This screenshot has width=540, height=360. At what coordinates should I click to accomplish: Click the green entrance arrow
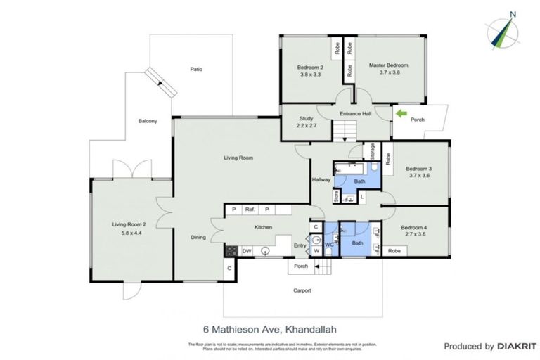401,113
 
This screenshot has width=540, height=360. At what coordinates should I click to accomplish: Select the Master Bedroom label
388,65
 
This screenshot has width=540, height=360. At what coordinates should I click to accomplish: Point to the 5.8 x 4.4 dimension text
127,233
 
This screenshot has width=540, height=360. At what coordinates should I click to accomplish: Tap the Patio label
197,69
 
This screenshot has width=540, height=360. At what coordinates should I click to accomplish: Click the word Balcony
148,121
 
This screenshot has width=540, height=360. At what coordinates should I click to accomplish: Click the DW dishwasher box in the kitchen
247,250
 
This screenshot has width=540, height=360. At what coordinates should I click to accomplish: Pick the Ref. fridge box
250,210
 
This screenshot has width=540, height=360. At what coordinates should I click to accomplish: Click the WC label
328,244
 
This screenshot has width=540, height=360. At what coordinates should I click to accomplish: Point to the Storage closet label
372,151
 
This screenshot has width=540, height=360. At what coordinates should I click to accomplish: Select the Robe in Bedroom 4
395,250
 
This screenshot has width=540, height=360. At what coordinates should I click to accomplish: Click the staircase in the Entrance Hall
345,129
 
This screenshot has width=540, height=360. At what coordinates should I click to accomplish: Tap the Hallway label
321,180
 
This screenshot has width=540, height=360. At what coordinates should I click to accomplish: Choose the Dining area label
198,237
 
